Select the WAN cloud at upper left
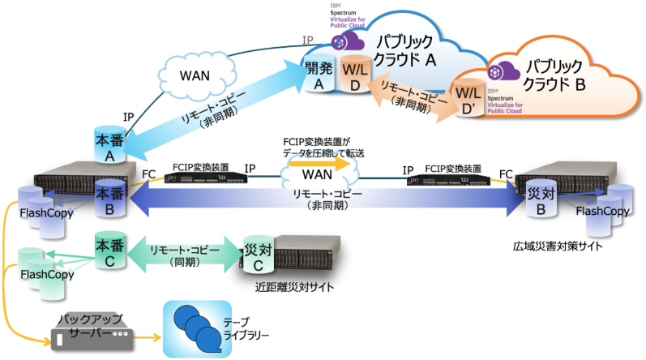(194, 75)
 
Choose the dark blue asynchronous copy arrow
(324, 203)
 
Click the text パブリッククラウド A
(398, 49)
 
